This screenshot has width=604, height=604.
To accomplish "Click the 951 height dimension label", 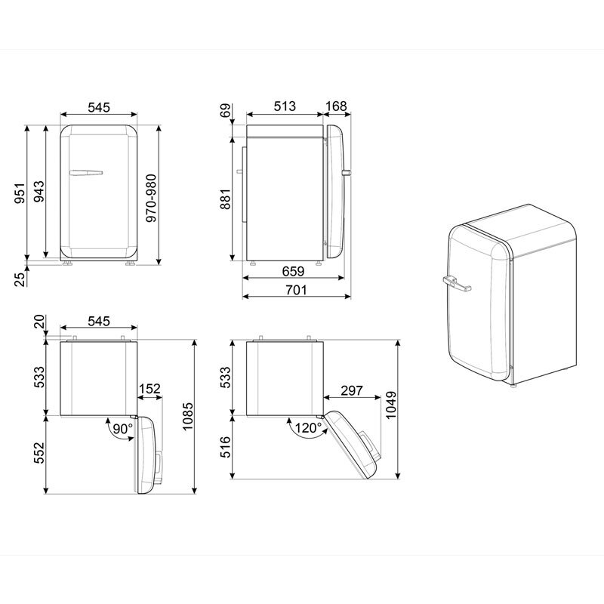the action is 20,193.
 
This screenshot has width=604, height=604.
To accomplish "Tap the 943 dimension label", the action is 39,192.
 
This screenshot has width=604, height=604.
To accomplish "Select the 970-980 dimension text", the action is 152,198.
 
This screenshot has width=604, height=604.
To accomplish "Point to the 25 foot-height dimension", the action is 20,278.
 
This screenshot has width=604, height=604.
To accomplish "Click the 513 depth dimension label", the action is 285,106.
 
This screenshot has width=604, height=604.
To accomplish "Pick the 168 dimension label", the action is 336,106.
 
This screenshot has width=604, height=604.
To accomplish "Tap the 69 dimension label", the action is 225,110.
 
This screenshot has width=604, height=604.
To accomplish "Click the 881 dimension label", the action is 225,199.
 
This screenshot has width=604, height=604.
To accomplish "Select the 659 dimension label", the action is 293,271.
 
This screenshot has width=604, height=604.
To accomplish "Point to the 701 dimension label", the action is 296,290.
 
